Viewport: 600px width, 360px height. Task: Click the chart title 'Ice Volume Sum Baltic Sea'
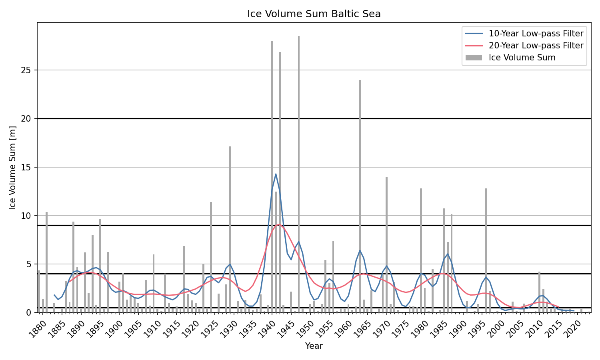[x=314, y=14]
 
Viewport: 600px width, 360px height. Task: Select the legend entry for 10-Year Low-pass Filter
[x=536, y=34]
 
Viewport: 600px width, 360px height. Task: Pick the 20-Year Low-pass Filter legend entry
[x=536, y=46]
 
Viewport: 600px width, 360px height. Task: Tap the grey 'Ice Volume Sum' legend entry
[x=522, y=58]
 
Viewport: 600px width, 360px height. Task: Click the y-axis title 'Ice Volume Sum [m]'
[x=13, y=167]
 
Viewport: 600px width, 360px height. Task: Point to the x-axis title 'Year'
[x=314, y=346]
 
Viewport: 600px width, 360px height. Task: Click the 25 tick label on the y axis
[x=26, y=70]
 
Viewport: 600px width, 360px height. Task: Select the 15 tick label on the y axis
[x=26, y=167]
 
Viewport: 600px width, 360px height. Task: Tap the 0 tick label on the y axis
[x=29, y=312]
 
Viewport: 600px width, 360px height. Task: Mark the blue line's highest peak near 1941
[x=276, y=174]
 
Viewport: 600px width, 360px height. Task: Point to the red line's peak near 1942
[x=279, y=224]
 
